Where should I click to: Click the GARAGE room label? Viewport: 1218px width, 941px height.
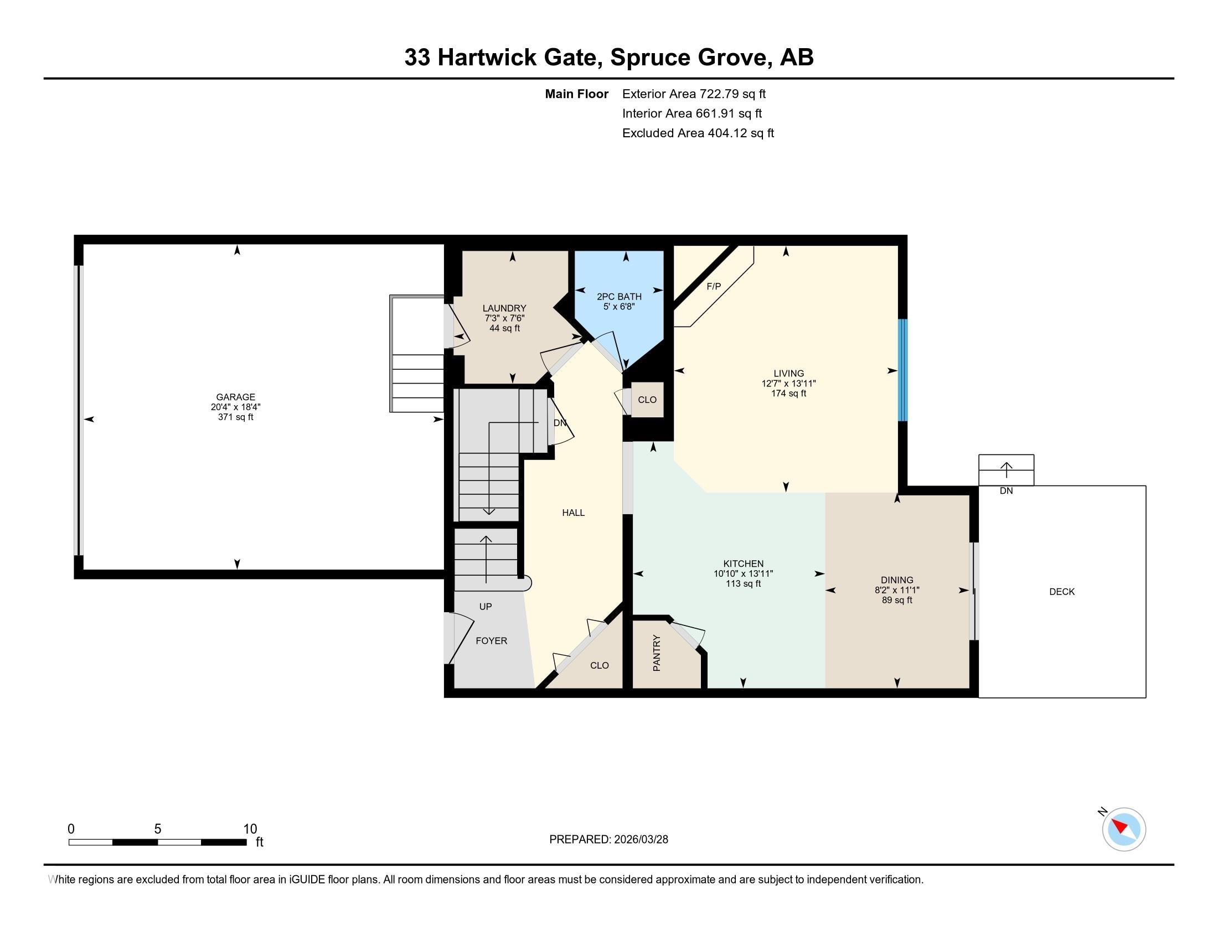[235, 397]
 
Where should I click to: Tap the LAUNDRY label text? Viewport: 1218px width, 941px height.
[504, 308]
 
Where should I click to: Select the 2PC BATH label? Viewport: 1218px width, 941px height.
[619, 297]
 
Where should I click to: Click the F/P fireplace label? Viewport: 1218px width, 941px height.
[713, 287]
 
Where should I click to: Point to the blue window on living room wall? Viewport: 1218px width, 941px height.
[902, 370]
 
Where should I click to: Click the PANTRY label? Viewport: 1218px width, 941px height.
[657, 653]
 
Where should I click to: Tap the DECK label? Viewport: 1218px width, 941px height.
[1061, 592]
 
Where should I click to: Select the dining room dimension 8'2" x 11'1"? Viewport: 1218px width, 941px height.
[897, 590]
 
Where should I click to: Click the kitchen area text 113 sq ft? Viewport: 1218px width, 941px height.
[743, 583]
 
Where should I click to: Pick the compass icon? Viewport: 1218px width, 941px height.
[1123, 829]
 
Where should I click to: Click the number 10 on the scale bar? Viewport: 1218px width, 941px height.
[250, 829]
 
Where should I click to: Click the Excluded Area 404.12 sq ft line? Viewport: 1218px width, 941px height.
[698, 133]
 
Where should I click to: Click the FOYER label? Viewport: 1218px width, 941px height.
[491, 641]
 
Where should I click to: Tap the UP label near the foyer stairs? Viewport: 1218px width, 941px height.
[485, 607]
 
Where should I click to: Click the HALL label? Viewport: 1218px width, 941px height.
[574, 513]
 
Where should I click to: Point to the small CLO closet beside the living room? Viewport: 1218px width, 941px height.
[647, 400]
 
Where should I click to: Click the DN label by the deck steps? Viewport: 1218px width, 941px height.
[1006, 491]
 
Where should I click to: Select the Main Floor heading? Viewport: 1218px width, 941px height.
[576, 94]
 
